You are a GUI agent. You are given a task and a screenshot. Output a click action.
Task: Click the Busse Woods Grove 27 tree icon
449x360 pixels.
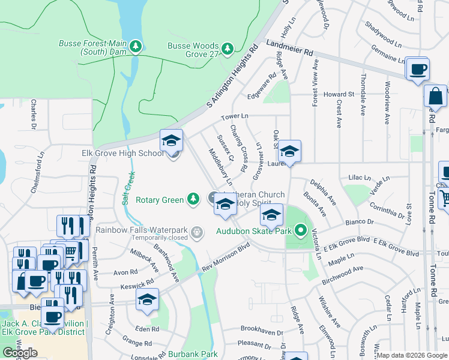(227, 48)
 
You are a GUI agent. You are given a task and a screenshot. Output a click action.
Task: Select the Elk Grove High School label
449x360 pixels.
(122, 154)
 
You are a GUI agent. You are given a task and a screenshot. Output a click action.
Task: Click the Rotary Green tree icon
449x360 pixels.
(193, 199)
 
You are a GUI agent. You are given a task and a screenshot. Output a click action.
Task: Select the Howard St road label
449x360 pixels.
(339, 95)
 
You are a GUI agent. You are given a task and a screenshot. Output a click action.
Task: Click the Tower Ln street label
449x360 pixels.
(234, 116)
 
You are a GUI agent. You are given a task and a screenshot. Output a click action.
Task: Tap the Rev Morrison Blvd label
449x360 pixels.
(226, 257)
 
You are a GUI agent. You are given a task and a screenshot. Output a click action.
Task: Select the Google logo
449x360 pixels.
(20, 353)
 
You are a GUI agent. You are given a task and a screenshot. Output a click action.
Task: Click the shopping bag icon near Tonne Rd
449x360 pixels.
(435, 96)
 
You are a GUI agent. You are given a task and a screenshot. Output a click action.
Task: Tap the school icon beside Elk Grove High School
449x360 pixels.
(171, 142)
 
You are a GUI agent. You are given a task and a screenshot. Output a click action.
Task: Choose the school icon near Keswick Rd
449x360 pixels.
(146, 301)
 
